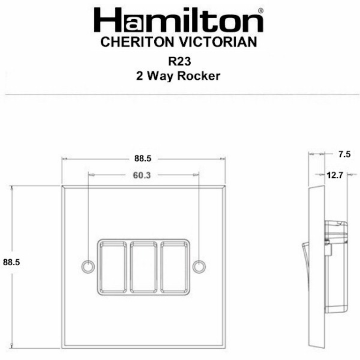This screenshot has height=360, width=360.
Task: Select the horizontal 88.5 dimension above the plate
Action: pos(142,158)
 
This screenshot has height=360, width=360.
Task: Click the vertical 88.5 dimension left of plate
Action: pos(11,262)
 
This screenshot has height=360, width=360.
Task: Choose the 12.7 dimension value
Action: pos(335,175)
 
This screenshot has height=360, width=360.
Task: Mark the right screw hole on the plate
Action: pos(200,266)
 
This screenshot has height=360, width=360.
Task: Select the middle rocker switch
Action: pos(144,266)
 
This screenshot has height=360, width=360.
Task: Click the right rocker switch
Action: pos(175,266)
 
